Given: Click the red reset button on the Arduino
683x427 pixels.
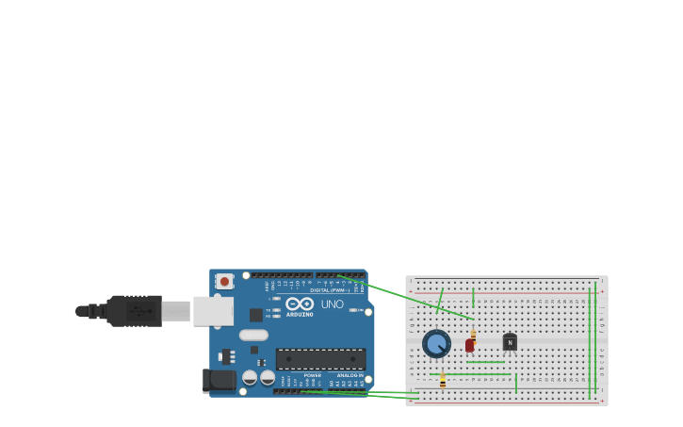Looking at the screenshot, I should pos(224,281).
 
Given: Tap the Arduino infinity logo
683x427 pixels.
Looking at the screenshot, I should pos(300,304).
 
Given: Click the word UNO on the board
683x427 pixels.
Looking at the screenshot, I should pos(333,304).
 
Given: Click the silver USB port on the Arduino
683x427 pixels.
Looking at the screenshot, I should pos(213,310).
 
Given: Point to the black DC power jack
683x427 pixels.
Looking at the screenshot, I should pos(220,381).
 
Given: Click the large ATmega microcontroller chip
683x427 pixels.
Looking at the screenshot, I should pos(320,358).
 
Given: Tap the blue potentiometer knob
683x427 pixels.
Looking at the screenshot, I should pos(436,344).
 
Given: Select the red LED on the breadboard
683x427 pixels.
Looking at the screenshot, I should pos(470,345).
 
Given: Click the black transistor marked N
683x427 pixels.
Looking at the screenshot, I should pos(510,342).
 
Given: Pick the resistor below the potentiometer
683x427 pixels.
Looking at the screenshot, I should pos(443,381).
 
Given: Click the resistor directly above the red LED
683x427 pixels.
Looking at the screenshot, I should pos(473,334).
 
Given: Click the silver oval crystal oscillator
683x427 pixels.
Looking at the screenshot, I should pos(253,335).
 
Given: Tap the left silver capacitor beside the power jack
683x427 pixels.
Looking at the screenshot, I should pos(250,377).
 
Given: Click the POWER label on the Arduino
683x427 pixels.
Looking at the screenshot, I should pos(312,375).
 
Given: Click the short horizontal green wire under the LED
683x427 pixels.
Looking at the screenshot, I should pos(485,362).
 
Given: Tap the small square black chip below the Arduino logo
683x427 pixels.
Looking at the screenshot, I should pos(256,315).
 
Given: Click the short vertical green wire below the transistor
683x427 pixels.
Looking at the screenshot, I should pos(516,383).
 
